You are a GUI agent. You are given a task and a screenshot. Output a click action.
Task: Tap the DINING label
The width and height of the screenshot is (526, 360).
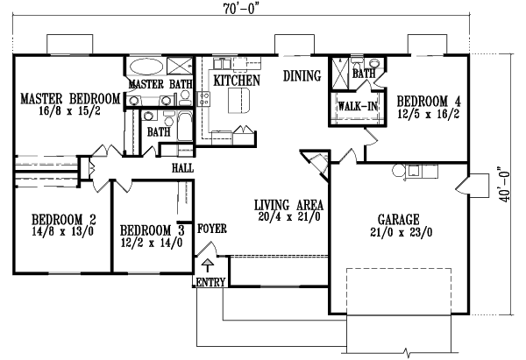(302, 76)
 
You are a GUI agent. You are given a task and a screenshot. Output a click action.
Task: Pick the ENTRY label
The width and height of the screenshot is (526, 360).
(210, 282)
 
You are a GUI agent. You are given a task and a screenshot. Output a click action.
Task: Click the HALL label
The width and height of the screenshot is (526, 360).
(182, 167)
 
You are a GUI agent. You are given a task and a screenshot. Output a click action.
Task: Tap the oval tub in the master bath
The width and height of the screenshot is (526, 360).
(146, 67)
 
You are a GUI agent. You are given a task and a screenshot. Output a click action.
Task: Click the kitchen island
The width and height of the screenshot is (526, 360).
(238, 103)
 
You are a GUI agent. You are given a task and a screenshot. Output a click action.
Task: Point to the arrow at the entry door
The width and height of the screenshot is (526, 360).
(208, 263)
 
